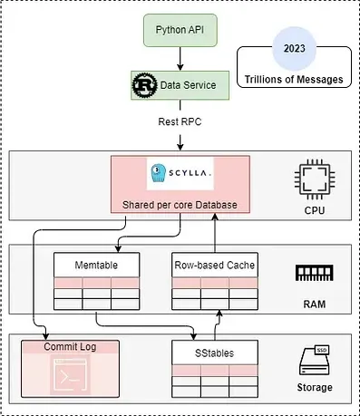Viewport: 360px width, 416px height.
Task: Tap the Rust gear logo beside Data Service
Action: pos(143,84)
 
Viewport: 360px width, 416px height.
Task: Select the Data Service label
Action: pos(190,84)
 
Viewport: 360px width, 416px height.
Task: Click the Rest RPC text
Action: pos(180,119)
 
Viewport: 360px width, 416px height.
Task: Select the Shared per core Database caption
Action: pos(179,205)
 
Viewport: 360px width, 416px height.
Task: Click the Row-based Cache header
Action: pos(214,266)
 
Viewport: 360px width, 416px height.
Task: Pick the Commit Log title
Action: pos(70,346)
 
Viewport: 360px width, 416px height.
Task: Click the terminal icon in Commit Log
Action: pos(70,378)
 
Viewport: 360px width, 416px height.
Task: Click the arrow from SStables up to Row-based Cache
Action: pos(217,323)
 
